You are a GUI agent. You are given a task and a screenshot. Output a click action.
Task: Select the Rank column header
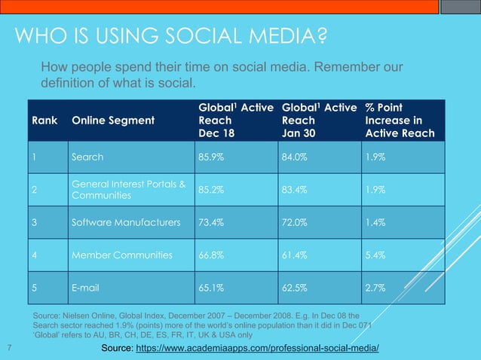tap(44, 121)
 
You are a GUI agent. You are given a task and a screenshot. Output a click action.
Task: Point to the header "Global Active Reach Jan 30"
tap(318, 121)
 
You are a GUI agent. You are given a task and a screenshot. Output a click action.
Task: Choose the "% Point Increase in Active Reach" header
tap(400, 121)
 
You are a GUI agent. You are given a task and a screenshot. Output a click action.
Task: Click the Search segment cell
tap(87, 158)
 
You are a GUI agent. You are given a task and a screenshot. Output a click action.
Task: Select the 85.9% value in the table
tap(211, 158)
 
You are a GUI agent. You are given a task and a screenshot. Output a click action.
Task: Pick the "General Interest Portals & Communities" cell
tap(129, 190)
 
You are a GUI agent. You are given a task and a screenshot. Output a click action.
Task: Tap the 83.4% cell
tap(295, 190)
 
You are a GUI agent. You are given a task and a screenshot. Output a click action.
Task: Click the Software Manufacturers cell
tap(125, 223)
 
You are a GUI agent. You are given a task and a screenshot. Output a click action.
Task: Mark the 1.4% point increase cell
tap(375, 223)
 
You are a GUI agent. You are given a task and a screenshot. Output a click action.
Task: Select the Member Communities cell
tap(121, 255)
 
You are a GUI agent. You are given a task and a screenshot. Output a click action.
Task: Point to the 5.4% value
tap(375, 255)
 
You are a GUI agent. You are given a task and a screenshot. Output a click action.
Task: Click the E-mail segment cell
tap(86, 288)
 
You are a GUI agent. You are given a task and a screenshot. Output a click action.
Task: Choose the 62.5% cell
tap(295, 288)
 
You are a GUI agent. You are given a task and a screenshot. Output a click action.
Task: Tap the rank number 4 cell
tap(35, 255)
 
